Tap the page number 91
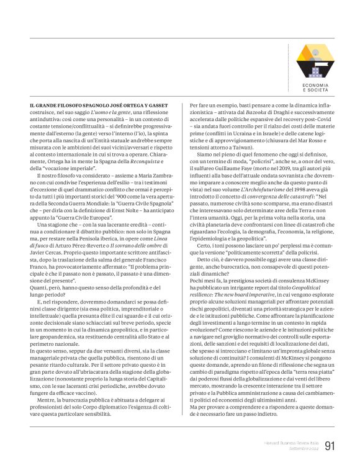click(x=330, y=445)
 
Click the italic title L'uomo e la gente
click(x=110, y=110)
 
